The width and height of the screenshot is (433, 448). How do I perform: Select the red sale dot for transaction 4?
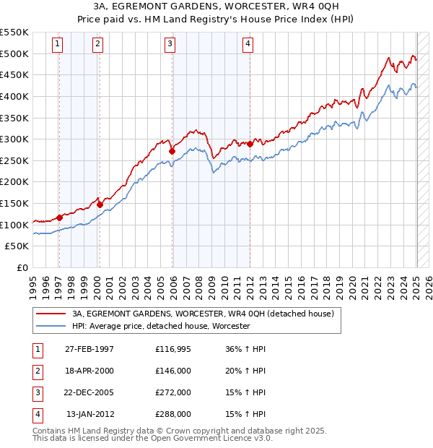(x=250, y=144)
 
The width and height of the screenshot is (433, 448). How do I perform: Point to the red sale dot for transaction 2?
(x=100, y=204)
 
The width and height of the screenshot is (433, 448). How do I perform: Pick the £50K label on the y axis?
(x=17, y=246)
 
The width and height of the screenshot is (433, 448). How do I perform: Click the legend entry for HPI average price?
(x=160, y=327)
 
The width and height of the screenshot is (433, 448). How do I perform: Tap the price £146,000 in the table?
(x=173, y=371)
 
